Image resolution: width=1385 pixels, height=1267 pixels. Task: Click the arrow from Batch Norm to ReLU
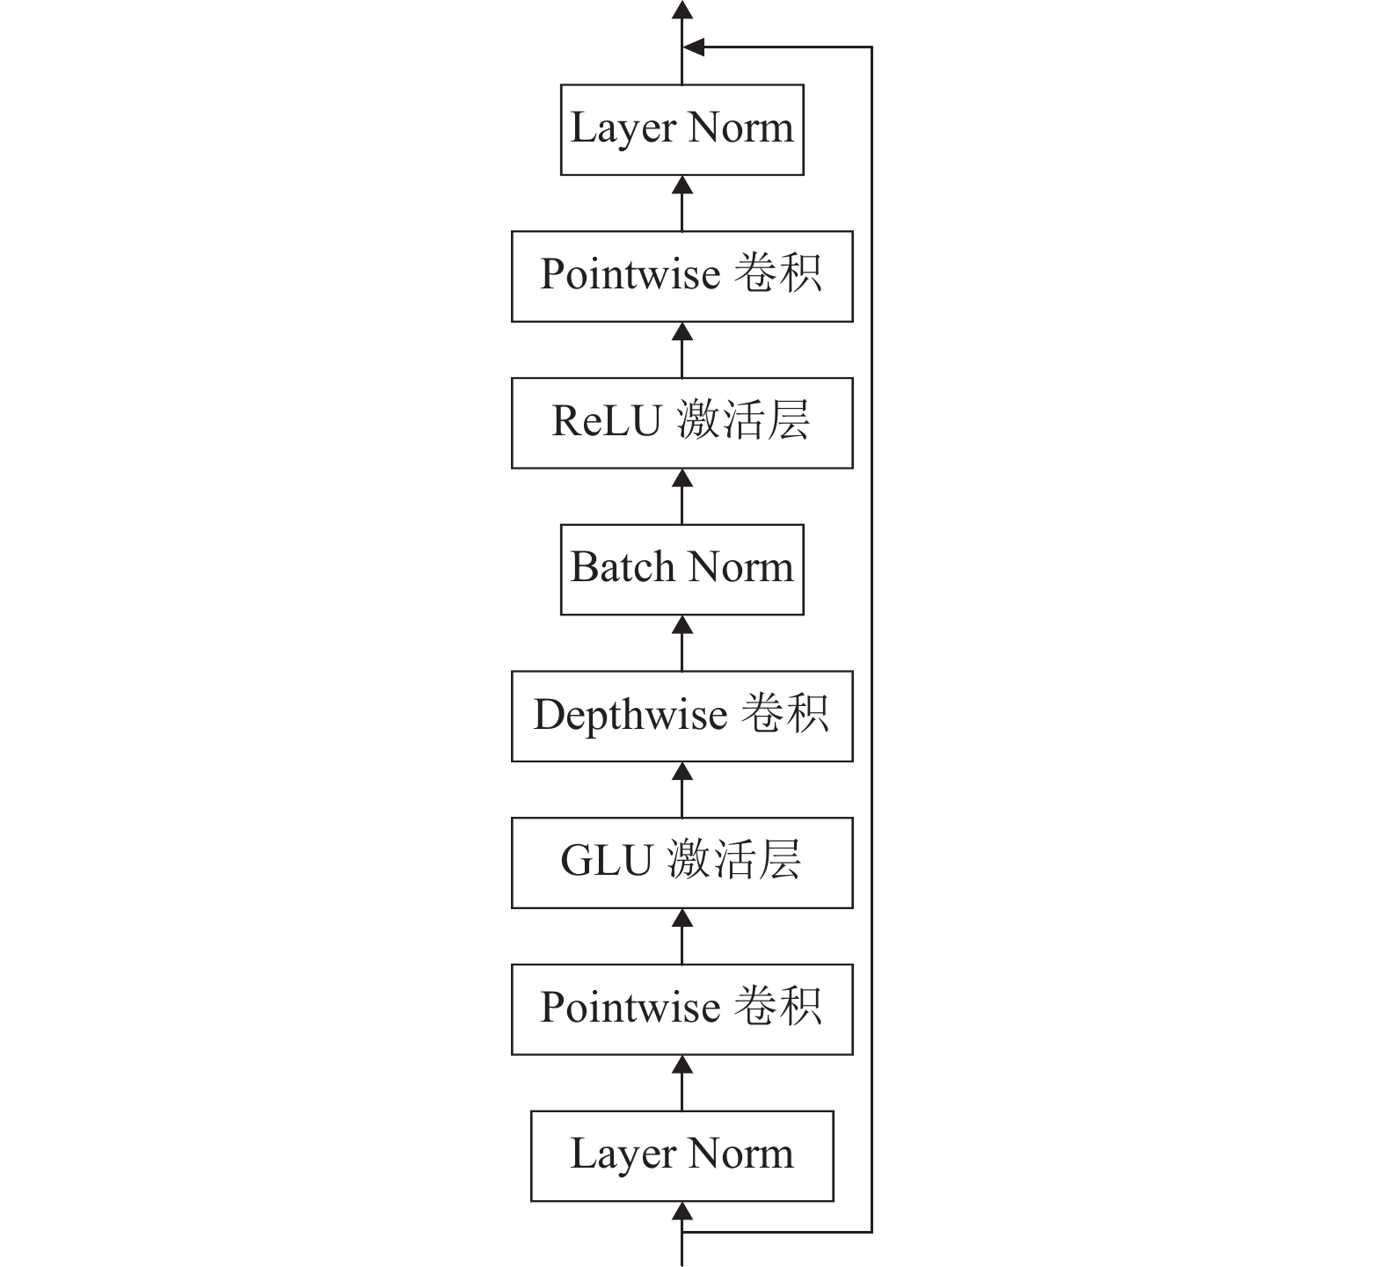(682, 497)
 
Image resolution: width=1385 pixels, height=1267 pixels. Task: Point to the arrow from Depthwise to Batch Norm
(682, 644)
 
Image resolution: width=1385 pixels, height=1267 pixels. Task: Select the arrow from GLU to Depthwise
(682, 790)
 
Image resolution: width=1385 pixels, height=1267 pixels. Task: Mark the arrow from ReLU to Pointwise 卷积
(682, 350)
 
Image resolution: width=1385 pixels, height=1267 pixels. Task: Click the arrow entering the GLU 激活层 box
(682, 936)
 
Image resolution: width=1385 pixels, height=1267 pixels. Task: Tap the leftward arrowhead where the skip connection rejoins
(693, 47)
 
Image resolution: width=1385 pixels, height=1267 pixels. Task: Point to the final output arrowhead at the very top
(682, 10)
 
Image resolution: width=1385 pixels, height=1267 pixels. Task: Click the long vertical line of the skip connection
(871, 639)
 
